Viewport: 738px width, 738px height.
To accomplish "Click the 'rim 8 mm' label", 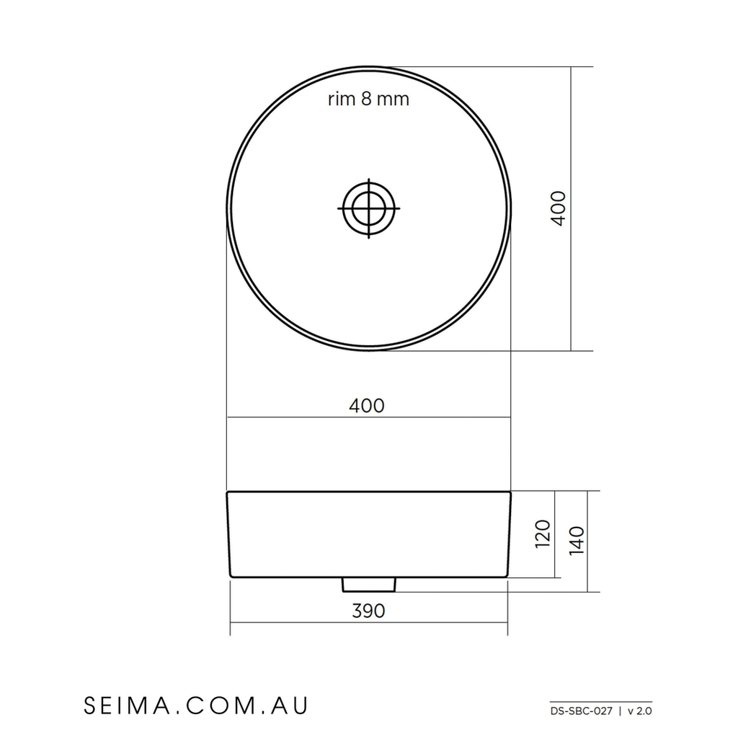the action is [x=368, y=99].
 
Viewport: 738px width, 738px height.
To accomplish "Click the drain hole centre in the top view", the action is [x=368, y=208].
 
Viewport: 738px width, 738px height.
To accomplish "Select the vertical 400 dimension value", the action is [x=559, y=208].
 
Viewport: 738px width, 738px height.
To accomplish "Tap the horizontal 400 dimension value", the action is [x=367, y=406].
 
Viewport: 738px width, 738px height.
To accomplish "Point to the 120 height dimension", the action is [x=543, y=534].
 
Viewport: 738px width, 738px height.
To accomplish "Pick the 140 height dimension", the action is [x=577, y=541].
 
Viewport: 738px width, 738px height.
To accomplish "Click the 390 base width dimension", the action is [x=368, y=611].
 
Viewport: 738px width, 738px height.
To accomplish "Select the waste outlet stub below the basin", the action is [x=369, y=584].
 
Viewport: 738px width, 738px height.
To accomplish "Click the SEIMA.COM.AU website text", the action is [x=196, y=706].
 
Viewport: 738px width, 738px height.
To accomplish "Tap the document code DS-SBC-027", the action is [x=582, y=711].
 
